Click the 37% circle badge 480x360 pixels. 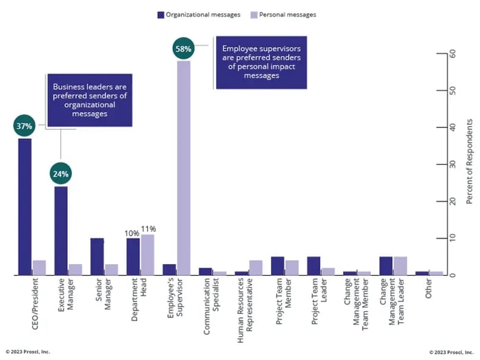(24, 127)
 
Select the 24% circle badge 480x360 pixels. (60, 174)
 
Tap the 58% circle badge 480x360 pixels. (182, 50)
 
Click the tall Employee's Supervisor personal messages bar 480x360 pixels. (183, 167)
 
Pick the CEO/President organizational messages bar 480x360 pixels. (25, 206)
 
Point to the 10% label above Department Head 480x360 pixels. (132, 232)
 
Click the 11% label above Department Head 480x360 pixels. (149, 229)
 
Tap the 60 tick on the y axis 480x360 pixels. (453, 53)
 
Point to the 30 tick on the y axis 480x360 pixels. (453, 165)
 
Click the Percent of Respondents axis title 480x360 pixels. (470, 161)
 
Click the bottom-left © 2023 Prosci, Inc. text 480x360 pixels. (28, 352)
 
